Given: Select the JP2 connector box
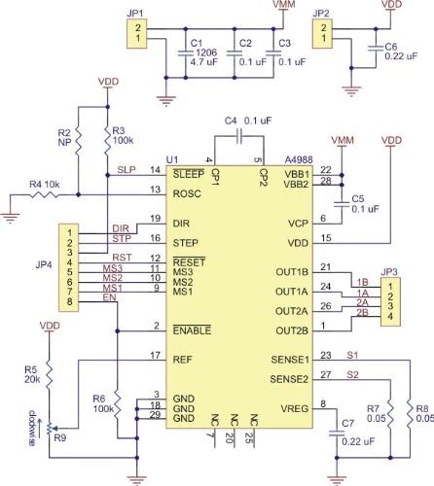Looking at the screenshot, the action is tap(322, 34).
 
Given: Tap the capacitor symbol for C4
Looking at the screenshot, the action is tap(238, 136).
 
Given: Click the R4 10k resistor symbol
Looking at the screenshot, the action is tap(44, 194).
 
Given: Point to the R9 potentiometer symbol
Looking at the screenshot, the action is tap(50, 429).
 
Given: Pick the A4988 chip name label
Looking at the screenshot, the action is tap(299, 160).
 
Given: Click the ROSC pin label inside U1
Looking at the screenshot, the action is tap(187, 194).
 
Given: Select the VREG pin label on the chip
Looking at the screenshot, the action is tap(294, 409).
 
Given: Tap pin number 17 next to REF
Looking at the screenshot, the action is tap(156, 356).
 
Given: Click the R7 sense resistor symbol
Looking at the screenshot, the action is tap(390, 413).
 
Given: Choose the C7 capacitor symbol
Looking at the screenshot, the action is tap(337, 434).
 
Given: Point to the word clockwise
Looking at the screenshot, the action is tap(32, 429).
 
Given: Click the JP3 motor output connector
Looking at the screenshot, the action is tap(390, 301).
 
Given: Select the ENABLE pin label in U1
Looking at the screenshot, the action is tap(192, 330).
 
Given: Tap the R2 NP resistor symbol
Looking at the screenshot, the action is tap(78, 141).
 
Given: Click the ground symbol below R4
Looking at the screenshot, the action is tap(11, 218).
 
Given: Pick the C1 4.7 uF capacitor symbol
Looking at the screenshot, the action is tap(186, 53).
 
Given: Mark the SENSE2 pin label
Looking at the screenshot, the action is tap(289, 379).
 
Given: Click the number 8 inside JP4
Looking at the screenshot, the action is tap(69, 302).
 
